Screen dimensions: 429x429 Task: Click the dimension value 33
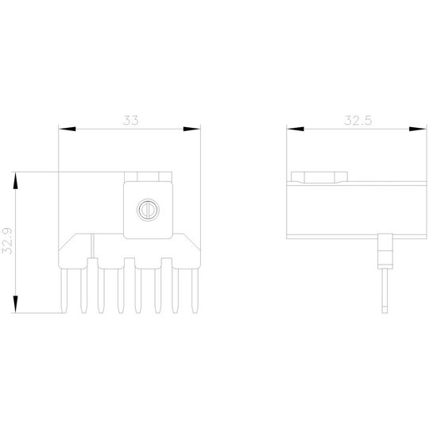[130, 121]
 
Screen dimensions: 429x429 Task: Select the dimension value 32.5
[357, 121]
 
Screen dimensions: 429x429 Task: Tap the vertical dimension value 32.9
[7, 241]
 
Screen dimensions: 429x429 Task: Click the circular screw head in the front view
[148, 210]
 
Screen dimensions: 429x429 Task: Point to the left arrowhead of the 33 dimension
[68, 129]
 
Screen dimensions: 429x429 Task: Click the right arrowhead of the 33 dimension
[191, 129]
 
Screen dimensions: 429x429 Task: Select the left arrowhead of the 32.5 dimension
[296, 129]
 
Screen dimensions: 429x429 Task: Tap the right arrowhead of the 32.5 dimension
[418, 129]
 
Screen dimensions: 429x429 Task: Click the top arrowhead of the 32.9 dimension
[15, 180]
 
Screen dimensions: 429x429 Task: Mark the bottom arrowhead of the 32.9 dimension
[15, 304]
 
